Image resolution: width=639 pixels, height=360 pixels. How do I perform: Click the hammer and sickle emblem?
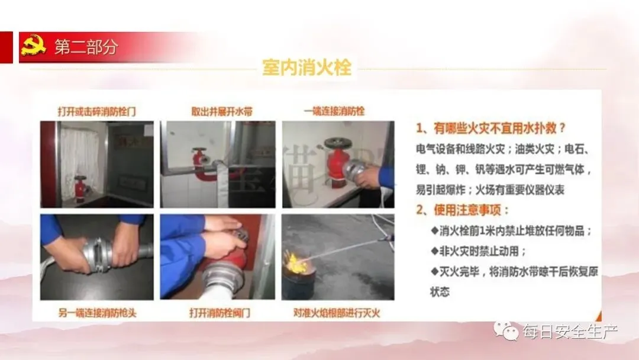pos(33,46)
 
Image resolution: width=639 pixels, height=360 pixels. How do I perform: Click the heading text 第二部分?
pos(86,47)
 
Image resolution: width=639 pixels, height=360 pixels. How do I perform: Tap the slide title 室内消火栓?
pos(307,67)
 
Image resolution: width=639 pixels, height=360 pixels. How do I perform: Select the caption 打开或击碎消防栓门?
pos(96,111)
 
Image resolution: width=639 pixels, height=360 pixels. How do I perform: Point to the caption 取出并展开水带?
pos(222,111)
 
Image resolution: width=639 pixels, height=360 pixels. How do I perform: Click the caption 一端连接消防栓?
pos(334,111)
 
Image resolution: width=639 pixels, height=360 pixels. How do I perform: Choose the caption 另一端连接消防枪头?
pos(98,313)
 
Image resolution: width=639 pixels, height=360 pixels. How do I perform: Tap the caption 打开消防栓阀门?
pos(220,313)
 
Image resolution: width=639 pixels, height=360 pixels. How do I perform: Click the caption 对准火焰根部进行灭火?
pos(337,313)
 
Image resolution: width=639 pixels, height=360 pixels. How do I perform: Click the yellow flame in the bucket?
pos(296,263)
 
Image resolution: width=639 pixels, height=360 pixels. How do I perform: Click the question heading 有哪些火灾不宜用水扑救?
pos(495,128)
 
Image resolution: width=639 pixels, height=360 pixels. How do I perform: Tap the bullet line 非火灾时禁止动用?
pos(478,250)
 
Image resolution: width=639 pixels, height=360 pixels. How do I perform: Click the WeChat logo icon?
pos(506,330)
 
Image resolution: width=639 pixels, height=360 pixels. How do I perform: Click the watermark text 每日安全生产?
pos(570,332)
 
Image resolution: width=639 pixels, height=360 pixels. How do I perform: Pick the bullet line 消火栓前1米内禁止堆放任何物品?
pos(511,231)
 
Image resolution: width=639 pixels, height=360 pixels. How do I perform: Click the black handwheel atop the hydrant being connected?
pos(338,143)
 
